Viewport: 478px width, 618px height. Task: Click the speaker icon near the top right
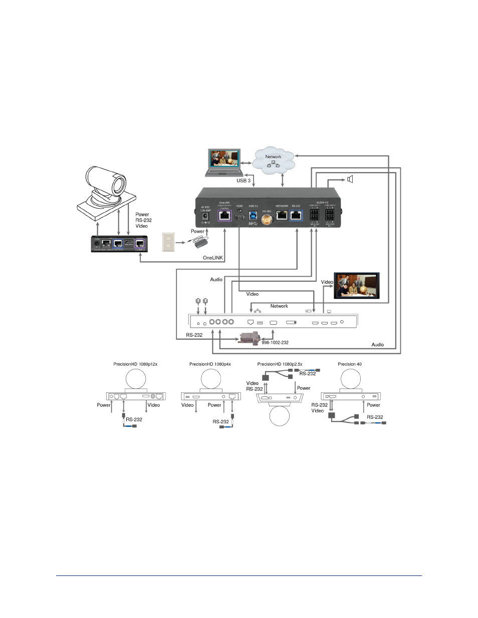click(350, 179)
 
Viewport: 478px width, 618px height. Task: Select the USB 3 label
click(244, 181)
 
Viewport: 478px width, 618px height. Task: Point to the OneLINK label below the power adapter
click(213, 258)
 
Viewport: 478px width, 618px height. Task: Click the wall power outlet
click(168, 242)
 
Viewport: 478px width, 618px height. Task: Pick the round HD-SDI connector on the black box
click(267, 218)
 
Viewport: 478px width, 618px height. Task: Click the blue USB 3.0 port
click(253, 215)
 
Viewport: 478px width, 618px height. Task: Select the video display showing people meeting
click(357, 286)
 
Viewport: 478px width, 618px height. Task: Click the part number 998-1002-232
click(275, 343)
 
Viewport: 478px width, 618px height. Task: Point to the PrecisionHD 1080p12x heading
click(135, 364)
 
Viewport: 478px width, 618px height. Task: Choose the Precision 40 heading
click(350, 364)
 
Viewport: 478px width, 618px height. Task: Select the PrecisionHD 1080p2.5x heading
click(280, 364)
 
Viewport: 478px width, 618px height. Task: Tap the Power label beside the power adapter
click(198, 231)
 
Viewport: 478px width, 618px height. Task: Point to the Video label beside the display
click(327, 282)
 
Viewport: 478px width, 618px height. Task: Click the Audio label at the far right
click(378, 345)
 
